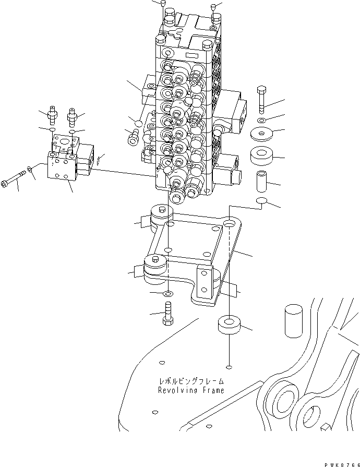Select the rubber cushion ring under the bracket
(229, 325)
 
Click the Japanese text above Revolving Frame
(191, 381)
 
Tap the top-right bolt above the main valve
(215, 7)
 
